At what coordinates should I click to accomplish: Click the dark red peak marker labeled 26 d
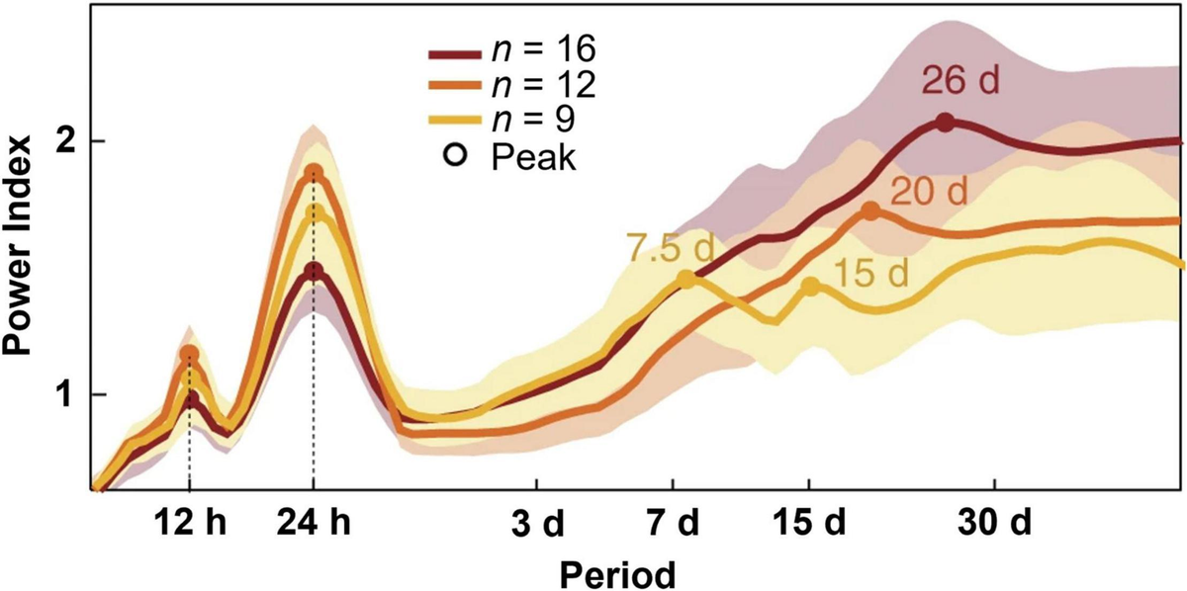945,123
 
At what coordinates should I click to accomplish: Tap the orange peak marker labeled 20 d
870,211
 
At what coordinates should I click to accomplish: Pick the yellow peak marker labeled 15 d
810,286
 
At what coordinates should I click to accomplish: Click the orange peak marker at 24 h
314,173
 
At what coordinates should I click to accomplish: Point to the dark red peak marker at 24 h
314,272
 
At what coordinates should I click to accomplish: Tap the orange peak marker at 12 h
189,354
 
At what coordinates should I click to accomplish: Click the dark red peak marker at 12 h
190,399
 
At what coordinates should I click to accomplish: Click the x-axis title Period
617,571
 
